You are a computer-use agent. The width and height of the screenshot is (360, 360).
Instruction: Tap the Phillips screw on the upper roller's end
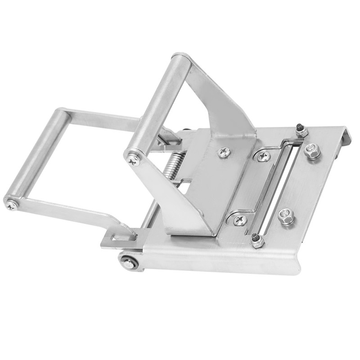click(x=133, y=159)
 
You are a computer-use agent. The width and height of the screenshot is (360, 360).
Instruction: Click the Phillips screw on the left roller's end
click(x=11, y=205)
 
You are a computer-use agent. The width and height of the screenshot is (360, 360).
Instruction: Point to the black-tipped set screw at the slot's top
click(x=300, y=130)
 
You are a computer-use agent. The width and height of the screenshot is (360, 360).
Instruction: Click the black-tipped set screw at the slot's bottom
click(x=257, y=241)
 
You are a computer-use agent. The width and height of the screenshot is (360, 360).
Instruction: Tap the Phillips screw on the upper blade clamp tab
click(x=263, y=157)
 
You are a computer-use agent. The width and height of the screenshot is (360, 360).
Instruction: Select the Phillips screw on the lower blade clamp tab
click(x=240, y=220)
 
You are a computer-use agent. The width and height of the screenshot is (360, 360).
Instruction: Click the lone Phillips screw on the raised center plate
click(x=223, y=153)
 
